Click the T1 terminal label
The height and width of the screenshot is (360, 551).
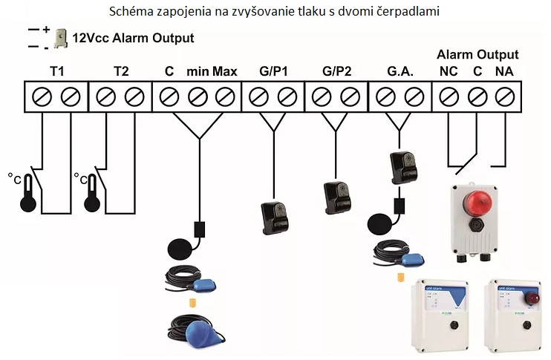click(56, 72)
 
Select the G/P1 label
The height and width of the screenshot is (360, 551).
click(273, 72)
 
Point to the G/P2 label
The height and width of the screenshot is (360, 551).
click(336, 72)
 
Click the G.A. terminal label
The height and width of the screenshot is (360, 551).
click(400, 72)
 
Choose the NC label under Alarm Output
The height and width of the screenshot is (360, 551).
click(449, 72)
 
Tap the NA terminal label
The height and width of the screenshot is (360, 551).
click(504, 72)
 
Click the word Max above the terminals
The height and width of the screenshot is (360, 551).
click(224, 72)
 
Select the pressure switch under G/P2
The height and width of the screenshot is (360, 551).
click(336, 197)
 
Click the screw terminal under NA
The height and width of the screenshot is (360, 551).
click(504, 96)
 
